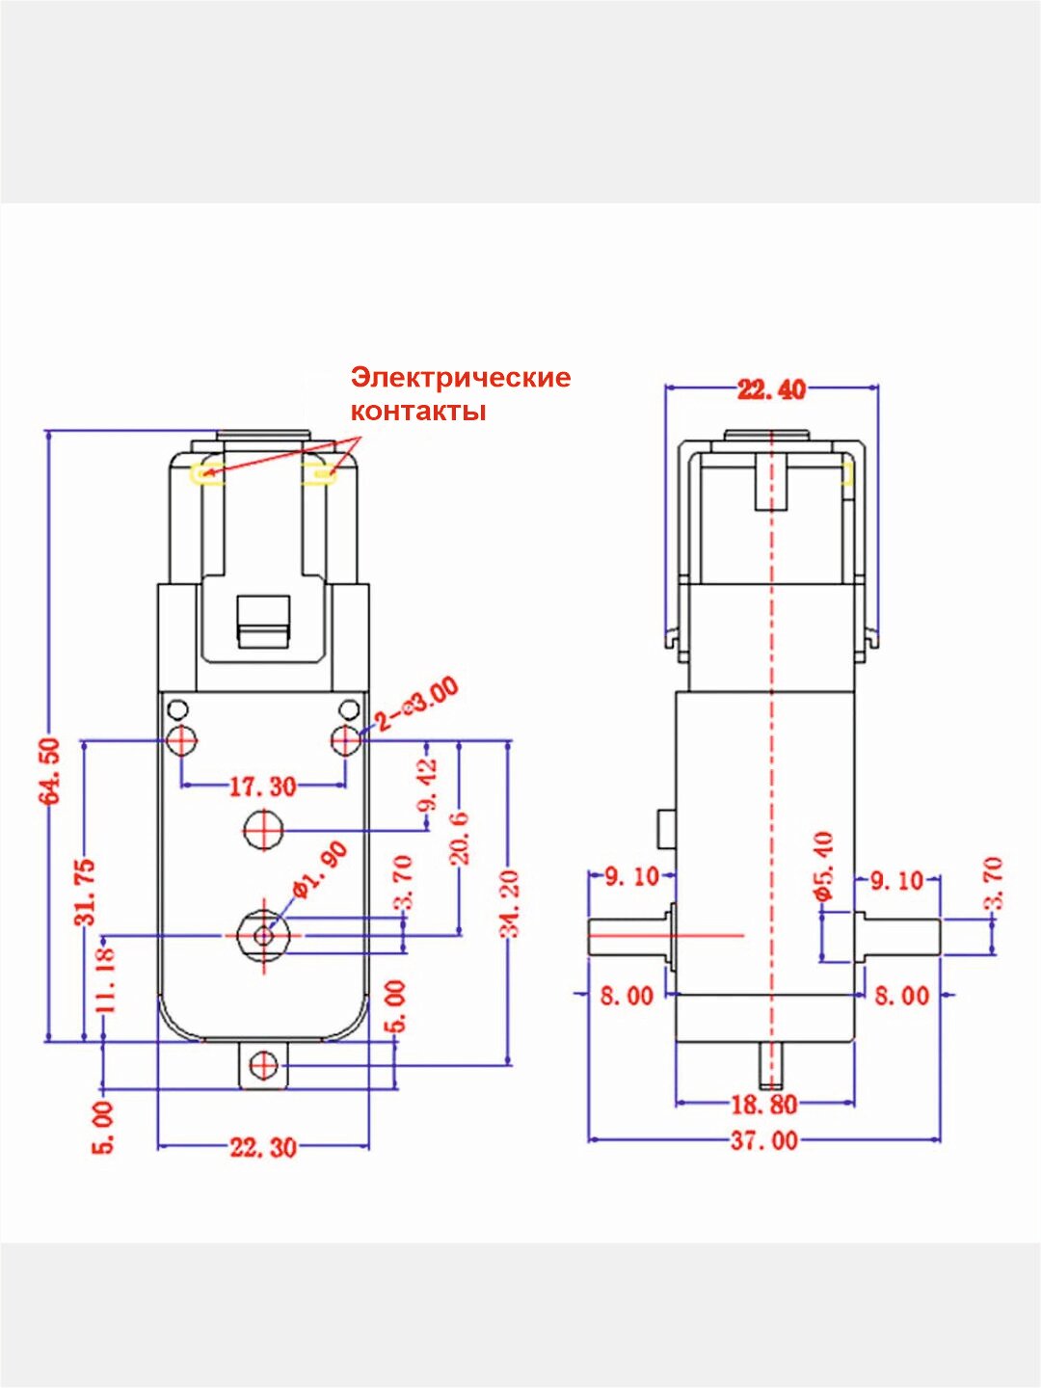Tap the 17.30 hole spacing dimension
262,787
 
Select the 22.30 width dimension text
262,1147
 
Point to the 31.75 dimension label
87,892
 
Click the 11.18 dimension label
106,977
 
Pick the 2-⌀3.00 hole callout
416,705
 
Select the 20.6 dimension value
460,838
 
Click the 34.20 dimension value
511,903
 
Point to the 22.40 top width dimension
771,389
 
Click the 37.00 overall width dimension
764,1140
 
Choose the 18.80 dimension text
764,1104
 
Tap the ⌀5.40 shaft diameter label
824,866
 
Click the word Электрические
461,377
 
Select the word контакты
417,412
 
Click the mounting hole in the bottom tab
263,1065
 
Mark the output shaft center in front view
263,934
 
